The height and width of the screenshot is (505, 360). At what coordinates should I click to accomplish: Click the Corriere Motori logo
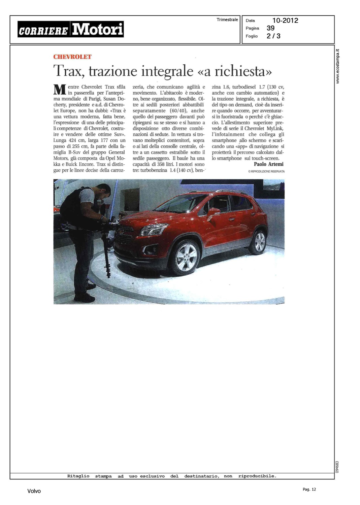coord(71,29)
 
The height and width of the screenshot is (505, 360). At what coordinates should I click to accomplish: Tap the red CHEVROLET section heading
coord(72,57)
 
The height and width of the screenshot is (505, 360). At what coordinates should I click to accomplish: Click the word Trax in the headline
coord(67,71)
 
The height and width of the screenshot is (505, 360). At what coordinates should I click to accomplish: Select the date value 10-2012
coord(285,21)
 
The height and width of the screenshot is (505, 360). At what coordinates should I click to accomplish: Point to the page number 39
coord(270,28)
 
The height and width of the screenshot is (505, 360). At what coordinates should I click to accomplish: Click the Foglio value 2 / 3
coord(273,36)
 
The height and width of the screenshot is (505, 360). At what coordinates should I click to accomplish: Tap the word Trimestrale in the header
coord(227,20)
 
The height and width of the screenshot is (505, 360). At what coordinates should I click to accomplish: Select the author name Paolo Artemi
coord(268,164)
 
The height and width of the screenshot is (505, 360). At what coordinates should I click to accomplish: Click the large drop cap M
coord(60,90)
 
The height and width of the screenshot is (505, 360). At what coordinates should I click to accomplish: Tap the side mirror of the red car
coord(212,212)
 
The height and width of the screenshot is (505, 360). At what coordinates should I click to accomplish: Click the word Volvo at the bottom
coord(34,491)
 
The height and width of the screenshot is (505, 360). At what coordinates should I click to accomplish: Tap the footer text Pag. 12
coord(309,490)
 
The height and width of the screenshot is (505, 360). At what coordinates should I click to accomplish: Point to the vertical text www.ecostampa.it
coord(338,66)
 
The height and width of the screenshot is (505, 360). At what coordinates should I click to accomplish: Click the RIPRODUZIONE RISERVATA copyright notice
coord(266,171)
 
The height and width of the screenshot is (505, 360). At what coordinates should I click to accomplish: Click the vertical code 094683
coord(337,467)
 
